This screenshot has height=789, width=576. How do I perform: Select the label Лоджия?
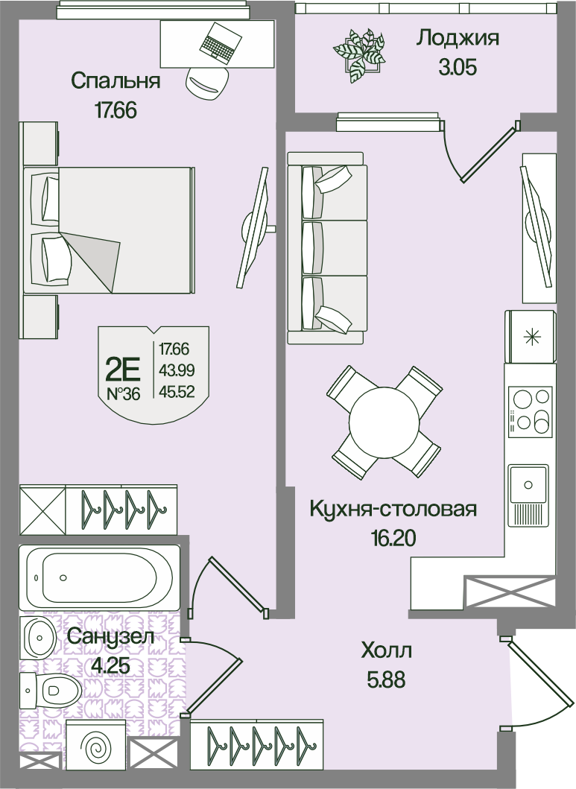click(x=458, y=38)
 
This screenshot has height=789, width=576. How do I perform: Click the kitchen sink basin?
click(x=528, y=484)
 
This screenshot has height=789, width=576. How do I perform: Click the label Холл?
click(x=386, y=652)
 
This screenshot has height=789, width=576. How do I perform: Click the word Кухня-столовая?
click(x=393, y=509)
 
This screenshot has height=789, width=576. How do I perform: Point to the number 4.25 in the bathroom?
click(x=110, y=666)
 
